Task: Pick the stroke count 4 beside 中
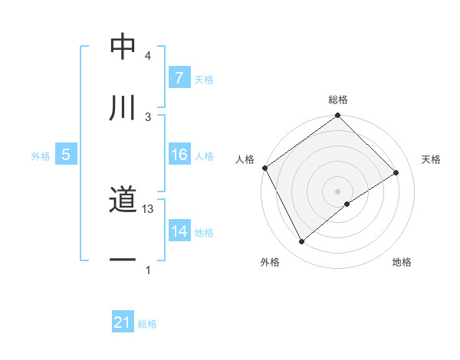148,56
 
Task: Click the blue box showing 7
179,78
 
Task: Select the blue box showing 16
179,155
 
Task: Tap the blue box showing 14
179,231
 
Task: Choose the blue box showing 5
66,155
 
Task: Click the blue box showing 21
123,323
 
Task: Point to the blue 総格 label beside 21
147,324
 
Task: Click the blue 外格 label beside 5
41,155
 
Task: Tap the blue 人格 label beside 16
204,155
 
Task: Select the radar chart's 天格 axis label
431,159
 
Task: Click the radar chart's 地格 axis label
402,262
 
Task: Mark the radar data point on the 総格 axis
337,116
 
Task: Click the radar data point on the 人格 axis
264,168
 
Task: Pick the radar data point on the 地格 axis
347,204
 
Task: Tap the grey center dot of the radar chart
337,191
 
